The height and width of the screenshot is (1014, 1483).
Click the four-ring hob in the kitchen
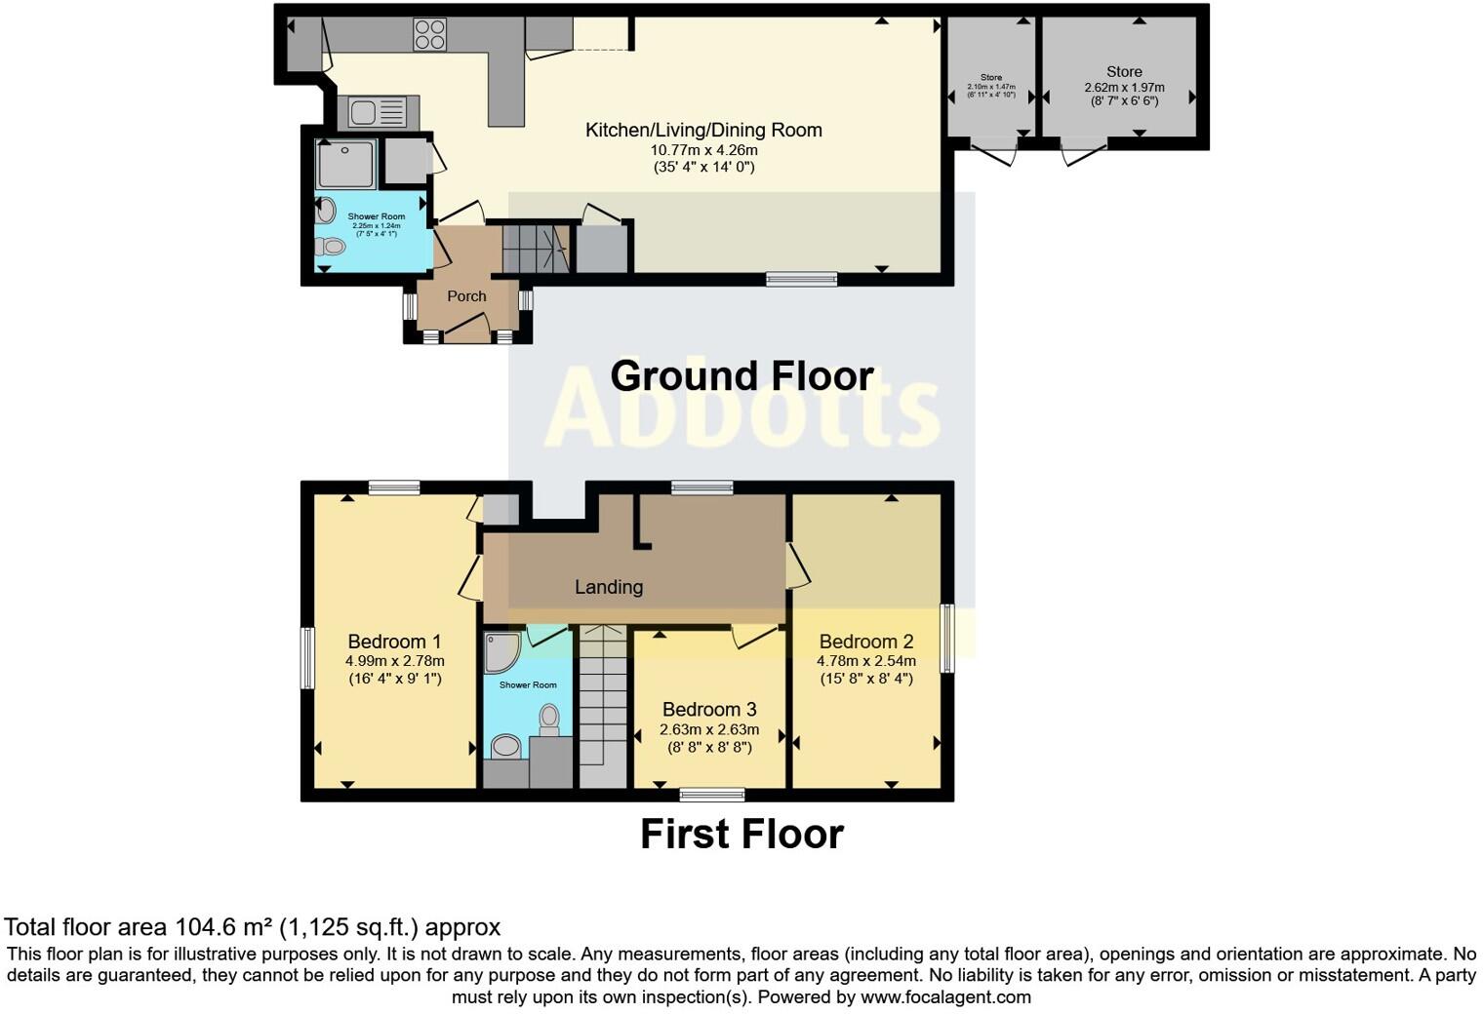click(x=429, y=34)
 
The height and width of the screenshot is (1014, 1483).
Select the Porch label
click(x=466, y=295)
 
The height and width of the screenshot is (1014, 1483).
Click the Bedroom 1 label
click(x=394, y=642)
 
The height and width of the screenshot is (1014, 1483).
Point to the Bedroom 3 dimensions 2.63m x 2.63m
click(x=709, y=729)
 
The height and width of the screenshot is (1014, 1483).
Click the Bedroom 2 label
click(x=865, y=642)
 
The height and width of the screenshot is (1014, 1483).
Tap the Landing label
click(x=609, y=587)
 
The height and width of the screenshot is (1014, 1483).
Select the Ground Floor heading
click(x=741, y=376)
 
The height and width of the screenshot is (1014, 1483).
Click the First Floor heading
click(x=741, y=835)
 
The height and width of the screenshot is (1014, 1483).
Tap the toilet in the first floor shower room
click(x=549, y=721)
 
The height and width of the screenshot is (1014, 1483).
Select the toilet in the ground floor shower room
click(x=330, y=247)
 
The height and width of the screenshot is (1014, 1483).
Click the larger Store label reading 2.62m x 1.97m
click(x=1124, y=72)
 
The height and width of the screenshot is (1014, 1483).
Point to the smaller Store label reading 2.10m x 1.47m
click(x=990, y=78)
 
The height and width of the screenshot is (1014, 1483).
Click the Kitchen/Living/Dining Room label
click(x=703, y=130)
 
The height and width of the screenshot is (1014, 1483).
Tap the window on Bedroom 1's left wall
click(x=307, y=658)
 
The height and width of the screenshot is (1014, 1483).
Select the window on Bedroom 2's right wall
click(x=946, y=639)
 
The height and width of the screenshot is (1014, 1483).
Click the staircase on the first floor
click(x=603, y=707)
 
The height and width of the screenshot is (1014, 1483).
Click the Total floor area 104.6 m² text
click(x=252, y=927)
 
